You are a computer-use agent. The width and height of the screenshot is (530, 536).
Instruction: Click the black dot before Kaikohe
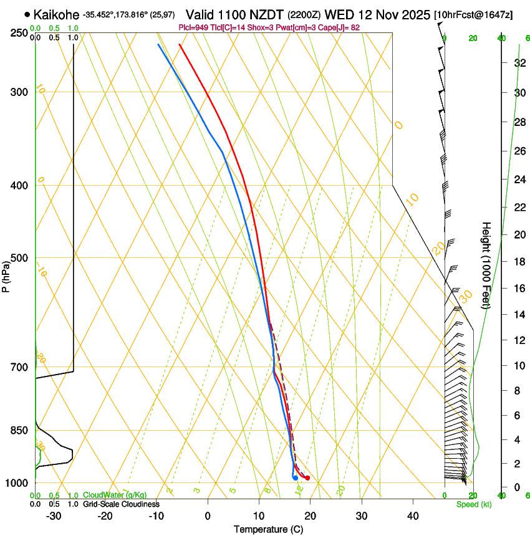click(27, 14)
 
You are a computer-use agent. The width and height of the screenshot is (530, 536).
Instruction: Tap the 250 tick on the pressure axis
click(19, 32)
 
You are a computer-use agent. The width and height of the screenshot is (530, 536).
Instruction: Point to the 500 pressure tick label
click(19, 258)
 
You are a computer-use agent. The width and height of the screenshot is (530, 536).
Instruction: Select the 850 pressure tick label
click(19, 430)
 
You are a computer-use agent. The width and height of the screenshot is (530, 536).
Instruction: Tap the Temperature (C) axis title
click(268, 529)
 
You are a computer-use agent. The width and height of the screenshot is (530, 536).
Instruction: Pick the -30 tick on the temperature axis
click(54, 515)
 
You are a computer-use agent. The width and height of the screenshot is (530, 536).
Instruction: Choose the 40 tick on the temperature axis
click(413, 515)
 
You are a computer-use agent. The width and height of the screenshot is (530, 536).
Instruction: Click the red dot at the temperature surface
click(307, 478)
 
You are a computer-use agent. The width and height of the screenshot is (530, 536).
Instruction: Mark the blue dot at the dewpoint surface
click(295, 478)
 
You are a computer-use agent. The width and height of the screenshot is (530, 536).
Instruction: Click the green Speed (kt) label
click(473, 504)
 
